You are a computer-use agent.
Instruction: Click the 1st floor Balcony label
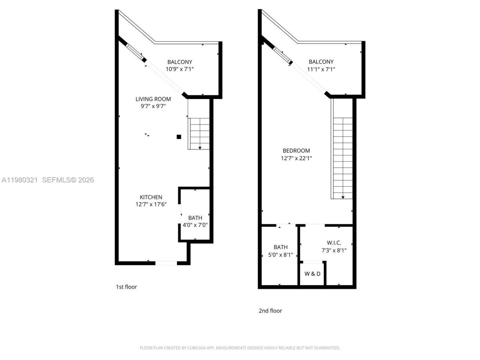180,62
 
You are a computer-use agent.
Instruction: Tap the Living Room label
153,99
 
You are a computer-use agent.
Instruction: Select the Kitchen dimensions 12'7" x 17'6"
151,204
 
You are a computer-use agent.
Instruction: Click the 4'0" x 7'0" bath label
195,225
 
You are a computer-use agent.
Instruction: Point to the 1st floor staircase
199,133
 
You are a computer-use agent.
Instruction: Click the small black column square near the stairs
179,137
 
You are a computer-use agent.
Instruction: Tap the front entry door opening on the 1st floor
166,263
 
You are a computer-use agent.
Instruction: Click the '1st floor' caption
126,287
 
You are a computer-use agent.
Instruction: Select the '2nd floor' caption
270,310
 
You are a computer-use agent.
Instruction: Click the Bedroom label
296,151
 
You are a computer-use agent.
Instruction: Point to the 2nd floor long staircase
343,157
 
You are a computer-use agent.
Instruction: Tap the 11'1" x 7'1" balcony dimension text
321,69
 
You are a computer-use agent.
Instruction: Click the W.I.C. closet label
334,243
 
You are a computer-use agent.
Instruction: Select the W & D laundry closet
312,274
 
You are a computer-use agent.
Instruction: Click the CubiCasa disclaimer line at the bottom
240,348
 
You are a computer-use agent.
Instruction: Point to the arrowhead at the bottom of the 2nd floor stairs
343,197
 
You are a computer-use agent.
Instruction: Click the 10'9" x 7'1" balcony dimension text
180,69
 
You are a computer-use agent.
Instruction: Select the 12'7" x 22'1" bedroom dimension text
296,158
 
